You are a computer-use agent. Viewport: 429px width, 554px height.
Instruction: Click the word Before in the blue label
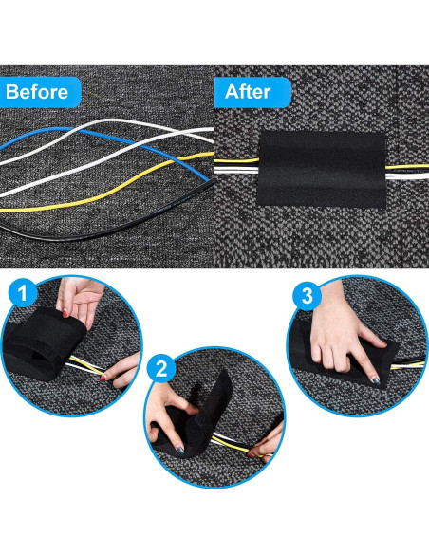37,92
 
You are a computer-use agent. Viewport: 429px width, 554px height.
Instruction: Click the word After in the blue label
248,92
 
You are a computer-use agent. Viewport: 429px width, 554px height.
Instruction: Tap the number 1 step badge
22,293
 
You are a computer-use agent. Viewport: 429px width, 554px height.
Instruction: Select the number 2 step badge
161,369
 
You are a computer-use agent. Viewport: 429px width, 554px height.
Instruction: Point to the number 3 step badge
307,296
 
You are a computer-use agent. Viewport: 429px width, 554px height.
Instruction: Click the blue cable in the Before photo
106,141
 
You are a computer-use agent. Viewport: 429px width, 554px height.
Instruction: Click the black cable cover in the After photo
321,170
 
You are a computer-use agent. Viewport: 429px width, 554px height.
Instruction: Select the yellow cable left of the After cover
236,161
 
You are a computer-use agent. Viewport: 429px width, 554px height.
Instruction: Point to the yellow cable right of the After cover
406,166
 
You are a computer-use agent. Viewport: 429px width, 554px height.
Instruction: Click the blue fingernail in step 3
376,381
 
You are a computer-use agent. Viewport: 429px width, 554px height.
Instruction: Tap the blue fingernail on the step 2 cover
180,450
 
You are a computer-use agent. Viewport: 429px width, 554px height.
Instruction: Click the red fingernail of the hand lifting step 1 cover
65,313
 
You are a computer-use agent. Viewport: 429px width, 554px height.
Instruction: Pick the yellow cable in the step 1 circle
86,365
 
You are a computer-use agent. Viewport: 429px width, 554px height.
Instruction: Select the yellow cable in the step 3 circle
407,365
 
